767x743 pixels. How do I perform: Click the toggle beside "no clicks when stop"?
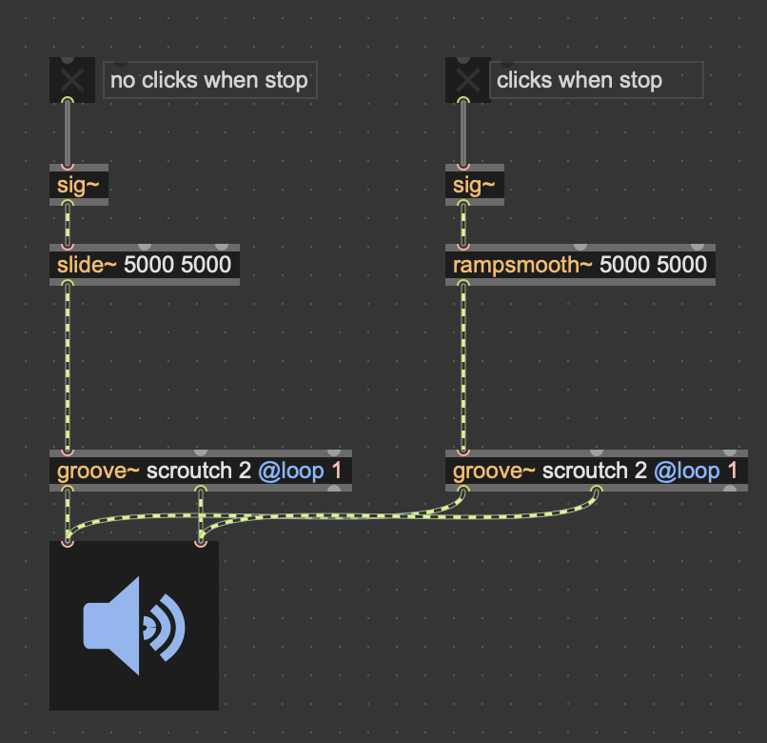[x=71, y=80]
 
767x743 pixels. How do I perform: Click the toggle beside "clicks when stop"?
[x=467, y=80]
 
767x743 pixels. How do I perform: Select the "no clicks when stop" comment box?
[x=209, y=80]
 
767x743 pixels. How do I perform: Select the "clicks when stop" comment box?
[x=596, y=80]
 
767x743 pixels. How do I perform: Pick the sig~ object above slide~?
[x=78, y=186]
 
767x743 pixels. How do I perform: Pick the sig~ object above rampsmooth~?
[x=474, y=186]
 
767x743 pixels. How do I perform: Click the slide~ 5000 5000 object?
[x=144, y=265]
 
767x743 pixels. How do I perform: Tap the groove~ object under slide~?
[x=200, y=471]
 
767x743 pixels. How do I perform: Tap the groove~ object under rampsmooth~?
[x=596, y=471]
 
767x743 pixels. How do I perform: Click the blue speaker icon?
[x=134, y=625]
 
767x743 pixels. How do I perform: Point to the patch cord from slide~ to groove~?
[x=68, y=367]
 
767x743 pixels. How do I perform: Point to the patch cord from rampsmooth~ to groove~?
[x=463, y=367]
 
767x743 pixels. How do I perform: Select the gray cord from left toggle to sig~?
[x=68, y=133]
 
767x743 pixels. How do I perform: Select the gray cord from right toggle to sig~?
[x=463, y=133]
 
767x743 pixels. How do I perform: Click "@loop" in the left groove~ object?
[x=291, y=471]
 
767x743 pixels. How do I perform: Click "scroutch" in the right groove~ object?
[x=584, y=471]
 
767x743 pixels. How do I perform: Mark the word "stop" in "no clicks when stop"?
[x=286, y=80]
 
